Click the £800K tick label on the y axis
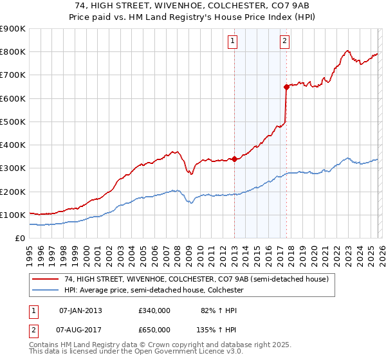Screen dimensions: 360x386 tap(13, 52)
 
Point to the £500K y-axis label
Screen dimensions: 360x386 tap(13, 122)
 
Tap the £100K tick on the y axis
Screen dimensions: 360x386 tap(13, 215)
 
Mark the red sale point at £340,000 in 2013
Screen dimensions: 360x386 tap(234, 159)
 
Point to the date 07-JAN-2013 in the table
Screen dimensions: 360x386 tap(80, 310)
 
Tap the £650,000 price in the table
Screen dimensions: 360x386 tap(154, 329)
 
